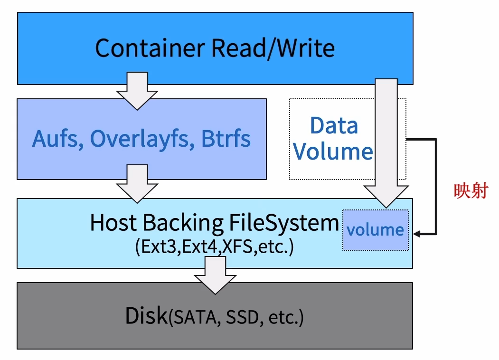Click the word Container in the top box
click(x=151, y=48)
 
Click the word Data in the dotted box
click(x=334, y=126)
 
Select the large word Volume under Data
click(x=333, y=152)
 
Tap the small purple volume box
click(x=375, y=230)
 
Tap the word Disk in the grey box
click(x=146, y=316)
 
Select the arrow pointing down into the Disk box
click(x=215, y=275)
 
